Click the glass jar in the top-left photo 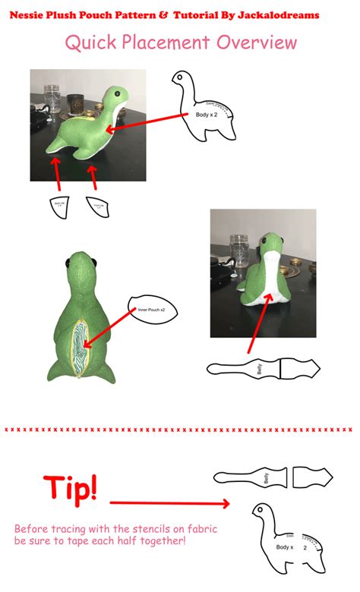53,99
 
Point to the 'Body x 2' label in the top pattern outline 207,113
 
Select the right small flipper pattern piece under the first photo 97,205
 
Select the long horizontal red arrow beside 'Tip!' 170,502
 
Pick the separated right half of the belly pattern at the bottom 312,478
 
